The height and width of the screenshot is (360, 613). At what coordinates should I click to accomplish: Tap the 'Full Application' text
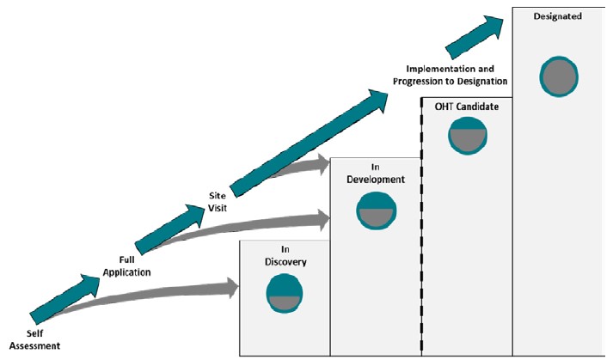(x=127, y=265)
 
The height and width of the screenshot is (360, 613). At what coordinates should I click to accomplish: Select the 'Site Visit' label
(x=218, y=201)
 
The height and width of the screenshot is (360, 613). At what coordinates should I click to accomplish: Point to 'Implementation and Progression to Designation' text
(x=450, y=74)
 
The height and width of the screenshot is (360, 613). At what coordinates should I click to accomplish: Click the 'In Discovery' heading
(x=284, y=256)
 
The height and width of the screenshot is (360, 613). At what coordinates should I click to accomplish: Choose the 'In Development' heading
(x=375, y=174)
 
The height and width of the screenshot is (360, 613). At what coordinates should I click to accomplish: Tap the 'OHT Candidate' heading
(x=467, y=106)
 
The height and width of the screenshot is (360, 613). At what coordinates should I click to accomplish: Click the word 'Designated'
(x=557, y=16)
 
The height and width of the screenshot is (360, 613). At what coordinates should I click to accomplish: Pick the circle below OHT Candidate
(x=468, y=135)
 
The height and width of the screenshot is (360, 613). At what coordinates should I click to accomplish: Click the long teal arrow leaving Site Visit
(x=310, y=137)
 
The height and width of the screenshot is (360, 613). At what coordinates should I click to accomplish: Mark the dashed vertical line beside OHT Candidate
(x=421, y=223)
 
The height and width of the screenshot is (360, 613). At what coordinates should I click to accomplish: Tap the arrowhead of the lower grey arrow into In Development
(x=322, y=219)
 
